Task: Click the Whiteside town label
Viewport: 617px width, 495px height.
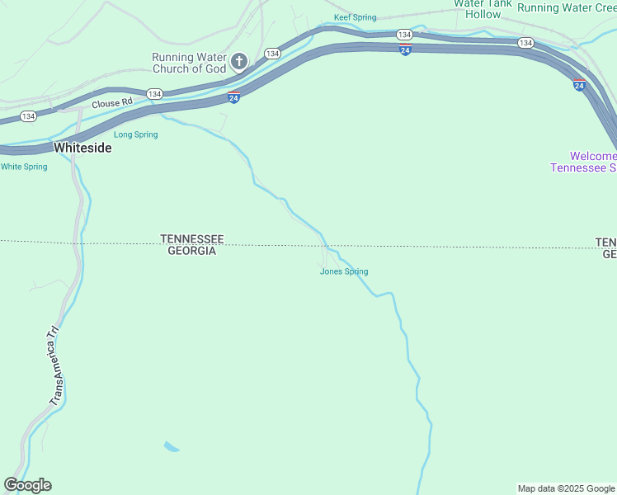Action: point(82,148)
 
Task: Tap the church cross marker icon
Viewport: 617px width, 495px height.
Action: point(239,61)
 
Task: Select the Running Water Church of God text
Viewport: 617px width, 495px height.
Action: point(189,63)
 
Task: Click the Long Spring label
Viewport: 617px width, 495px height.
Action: point(135,134)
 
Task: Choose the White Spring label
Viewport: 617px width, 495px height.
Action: point(24,167)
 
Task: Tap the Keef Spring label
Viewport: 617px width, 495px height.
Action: point(355,17)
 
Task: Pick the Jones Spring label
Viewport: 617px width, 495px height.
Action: point(344,271)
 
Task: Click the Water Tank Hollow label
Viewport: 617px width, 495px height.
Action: point(483,9)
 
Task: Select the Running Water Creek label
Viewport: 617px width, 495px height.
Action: point(567,7)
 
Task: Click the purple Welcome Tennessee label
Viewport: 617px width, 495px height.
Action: point(584,162)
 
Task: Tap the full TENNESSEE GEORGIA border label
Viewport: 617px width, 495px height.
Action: point(191,245)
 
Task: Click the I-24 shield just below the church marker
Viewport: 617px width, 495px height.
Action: point(234,98)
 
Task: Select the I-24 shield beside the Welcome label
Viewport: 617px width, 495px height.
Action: point(579,84)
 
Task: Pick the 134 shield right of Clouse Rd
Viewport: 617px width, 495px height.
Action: point(154,94)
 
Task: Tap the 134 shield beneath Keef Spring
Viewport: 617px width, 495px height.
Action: point(403,35)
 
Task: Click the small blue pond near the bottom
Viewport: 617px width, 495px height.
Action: point(172,447)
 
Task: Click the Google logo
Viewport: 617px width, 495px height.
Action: point(28,485)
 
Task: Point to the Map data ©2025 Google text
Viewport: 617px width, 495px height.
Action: point(565,488)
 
